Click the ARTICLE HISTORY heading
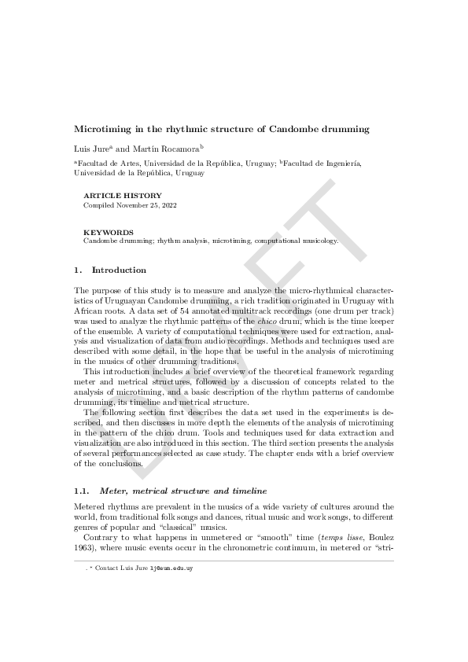(122, 196)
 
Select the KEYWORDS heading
(109, 233)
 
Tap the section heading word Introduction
(119, 270)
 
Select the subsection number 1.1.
(81, 490)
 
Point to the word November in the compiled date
(140, 204)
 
